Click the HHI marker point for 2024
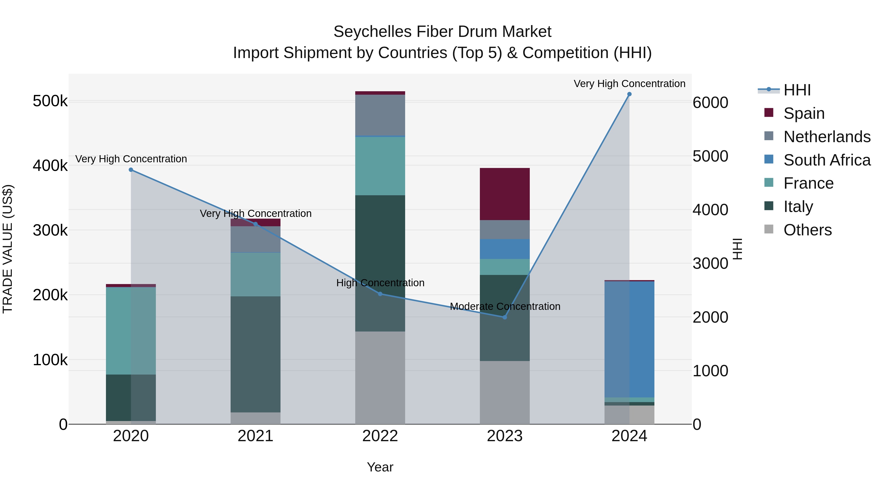pyautogui.click(x=629, y=94)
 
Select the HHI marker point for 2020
pyautogui.click(x=131, y=170)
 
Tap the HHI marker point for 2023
pyautogui.click(x=505, y=317)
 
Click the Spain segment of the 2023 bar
pyautogui.click(x=505, y=194)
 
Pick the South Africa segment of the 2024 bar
pyautogui.click(x=629, y=339)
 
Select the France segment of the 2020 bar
pyautogui.click(x=131, y=331)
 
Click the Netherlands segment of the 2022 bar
pyautogui.click(x=380, y=115)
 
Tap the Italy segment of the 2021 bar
pyautogui.click(x=255, y=354)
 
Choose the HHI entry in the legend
pyautogui.click(x=797, y=90)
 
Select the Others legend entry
pyautogui.click(x=807, y=230)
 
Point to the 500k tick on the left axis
pyautogui.click(x=50, y=101)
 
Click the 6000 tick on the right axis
pyautogui.click(x=710, y=103)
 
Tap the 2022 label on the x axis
pyautogui.click(x=380, y=436)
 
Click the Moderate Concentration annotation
pyautogui.click(x=505, y=306)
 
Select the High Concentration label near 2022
pyautogui.click(x=380, y=283)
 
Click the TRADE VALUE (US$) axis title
pyautogui.click(x=8, y=249)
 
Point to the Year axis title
pyautogui.click(x=380, y=467)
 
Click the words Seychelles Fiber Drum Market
pyautogui.click(x=442, y=32)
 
